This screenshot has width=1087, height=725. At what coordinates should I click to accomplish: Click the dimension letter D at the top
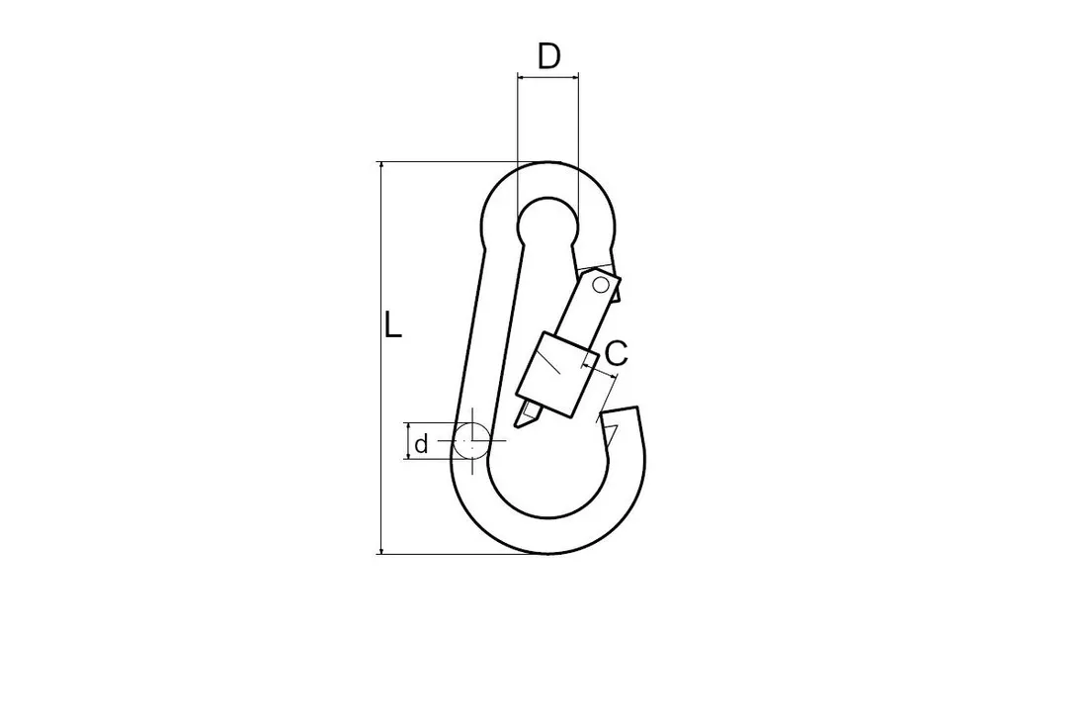(x=548, y=56)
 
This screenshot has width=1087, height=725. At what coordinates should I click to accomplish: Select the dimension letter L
(x=392, y=324)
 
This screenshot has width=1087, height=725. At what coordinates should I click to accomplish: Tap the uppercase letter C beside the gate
(x=616, y=353)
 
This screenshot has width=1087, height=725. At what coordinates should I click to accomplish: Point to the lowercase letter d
(x=422, y=443)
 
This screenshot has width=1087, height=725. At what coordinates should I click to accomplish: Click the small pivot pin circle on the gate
(x=601, y=284)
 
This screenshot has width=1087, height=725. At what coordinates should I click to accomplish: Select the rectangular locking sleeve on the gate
(x=556, y=375)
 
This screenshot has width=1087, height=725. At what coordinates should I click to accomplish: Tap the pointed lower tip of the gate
(x=517, y=424)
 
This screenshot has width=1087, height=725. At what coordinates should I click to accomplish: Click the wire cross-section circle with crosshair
(x=472, y=441)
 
